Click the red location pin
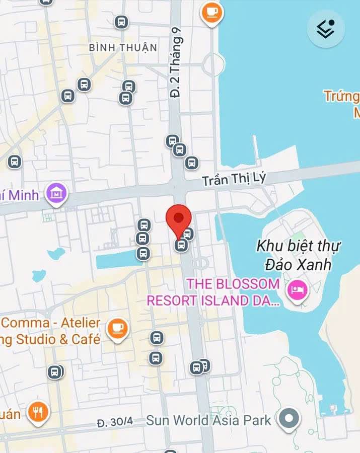click(179, 218)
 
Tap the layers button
click(326, 29)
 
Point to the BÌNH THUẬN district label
click(123, 47)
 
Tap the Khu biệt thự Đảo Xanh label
click(299, 255)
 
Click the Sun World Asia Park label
click(208, 420)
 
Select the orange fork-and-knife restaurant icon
click(37, 412)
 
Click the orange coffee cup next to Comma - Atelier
click(117, 328)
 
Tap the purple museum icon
click(56, 193)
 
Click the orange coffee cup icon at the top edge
click(212, 11)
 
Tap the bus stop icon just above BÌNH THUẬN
click(121, 22)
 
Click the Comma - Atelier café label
click(50, 331)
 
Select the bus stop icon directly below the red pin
click(181, 245)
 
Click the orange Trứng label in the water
click(341, 96)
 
